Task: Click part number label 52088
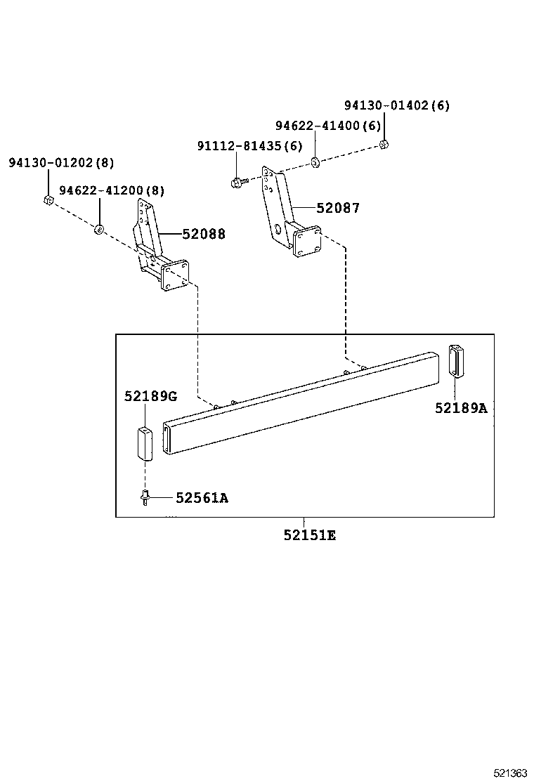pos(204,234)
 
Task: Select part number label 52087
pos(337,208)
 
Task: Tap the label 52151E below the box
pos(310,535)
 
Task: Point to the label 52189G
pos(150,396)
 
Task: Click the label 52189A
pos(460,408)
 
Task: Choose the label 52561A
pos(202,498)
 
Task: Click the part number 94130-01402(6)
pos(396,105)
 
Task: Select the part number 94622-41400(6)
pos(327,126)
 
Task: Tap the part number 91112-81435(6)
pos(249,146)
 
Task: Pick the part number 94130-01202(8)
pos(61,162)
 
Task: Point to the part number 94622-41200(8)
pos(112,191)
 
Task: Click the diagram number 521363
pos(509,773)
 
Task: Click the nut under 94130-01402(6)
pos(384,145)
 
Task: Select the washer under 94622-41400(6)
pos(315,163)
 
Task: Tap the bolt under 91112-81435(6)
pos(237,183)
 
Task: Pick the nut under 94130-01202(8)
pos(46,201)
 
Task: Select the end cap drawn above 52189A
pos(456,361)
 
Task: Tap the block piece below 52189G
pos(145,442)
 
